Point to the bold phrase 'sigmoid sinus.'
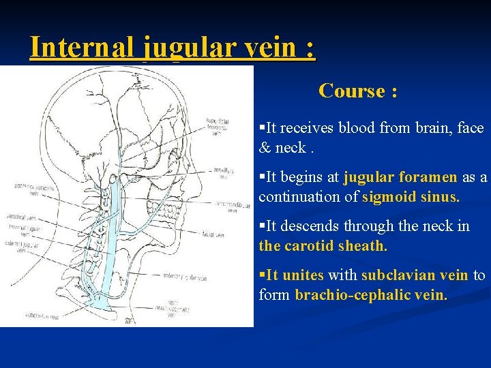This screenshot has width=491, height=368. click(x=411, y=197)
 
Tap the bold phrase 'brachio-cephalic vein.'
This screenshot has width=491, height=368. click(x=371, y=295)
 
